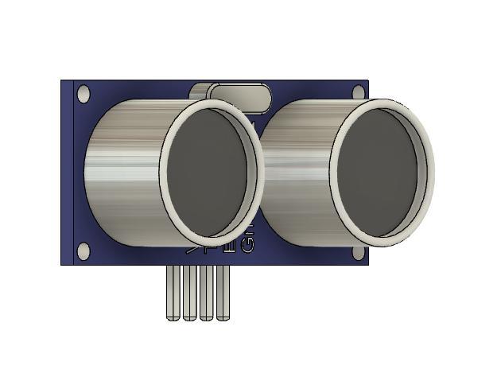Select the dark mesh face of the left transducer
(210, 171)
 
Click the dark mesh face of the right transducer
(381, 171)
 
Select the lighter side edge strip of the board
(68, 171)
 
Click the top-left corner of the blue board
(63, 81)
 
